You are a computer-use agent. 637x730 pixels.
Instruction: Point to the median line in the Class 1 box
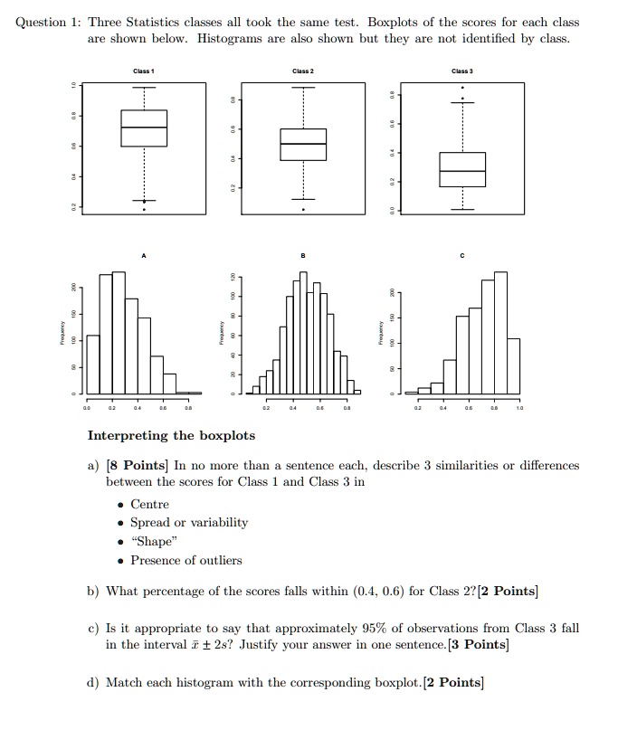coord(144,128)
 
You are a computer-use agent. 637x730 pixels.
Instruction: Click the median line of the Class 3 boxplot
coord(461,171)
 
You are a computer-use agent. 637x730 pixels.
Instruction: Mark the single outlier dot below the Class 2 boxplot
coord(303,210)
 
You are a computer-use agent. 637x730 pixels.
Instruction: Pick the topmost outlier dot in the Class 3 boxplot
coord(462,88)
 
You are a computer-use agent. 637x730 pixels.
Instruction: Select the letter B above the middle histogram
coord(303,256)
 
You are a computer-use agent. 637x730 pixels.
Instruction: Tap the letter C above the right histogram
coord(461,256)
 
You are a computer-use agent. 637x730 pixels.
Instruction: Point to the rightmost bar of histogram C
coord(513,365)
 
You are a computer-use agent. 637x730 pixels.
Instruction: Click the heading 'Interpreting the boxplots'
coord(171,436)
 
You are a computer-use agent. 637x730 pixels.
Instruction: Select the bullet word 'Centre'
coord(150,504)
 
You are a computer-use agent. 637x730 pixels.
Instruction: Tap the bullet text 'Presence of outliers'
coord(186,560)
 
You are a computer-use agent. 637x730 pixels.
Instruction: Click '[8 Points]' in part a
coord(138,466)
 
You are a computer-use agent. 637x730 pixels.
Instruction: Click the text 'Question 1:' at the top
coord(48,22)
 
